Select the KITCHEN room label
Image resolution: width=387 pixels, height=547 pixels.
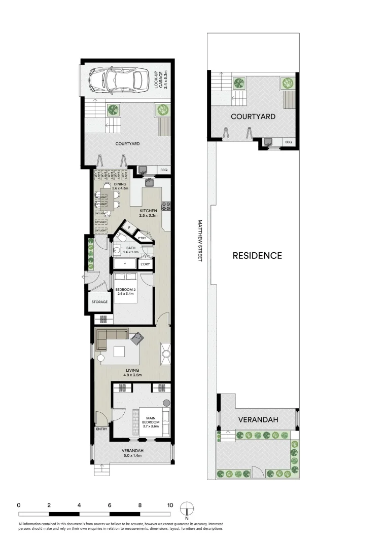coord(149,211)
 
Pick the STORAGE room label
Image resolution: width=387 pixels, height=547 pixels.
coord(99,302)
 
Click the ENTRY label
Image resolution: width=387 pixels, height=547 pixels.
coord(101,429)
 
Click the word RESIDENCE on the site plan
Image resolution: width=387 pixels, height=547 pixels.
coord(257,256)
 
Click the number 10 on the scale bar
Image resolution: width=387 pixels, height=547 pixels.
coord(170,505)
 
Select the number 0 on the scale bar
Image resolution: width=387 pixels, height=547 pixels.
coord(18,505)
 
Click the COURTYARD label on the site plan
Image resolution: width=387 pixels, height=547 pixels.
coord(253,116)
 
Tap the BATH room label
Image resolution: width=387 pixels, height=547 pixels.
coord(131,248)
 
